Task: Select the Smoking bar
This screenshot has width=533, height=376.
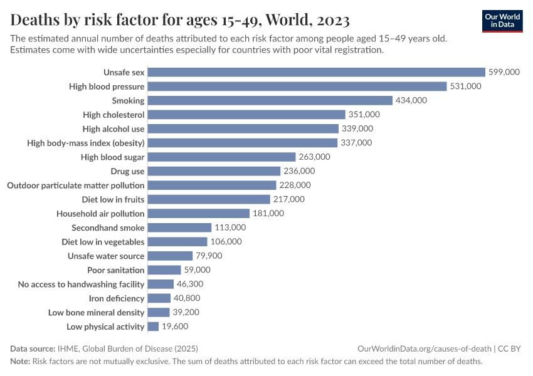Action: tap(270, 100)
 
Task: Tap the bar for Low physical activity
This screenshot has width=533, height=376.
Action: tap(154, 326)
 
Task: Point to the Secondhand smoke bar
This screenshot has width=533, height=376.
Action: tap(180, 227)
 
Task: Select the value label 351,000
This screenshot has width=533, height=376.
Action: tap(364, 115)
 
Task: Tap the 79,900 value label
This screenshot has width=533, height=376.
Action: tap(209, 256)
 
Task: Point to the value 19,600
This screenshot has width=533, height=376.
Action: tap(175, 326)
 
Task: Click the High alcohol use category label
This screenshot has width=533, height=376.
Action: tap(113, 128)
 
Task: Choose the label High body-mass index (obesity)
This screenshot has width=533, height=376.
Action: tap(86, 143)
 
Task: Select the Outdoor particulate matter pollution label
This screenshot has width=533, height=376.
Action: tap(75, 185)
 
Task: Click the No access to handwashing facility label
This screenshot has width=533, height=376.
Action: tap(82, 284)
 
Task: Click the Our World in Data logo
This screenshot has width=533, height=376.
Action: tap(502, 21)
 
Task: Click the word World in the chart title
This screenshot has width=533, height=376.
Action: tap(288, 19)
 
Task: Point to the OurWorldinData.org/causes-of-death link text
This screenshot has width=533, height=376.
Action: tap(424, 348)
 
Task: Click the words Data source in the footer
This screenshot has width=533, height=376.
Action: tap(32, 348)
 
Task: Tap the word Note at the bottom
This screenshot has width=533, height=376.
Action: tap(19, 362)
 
